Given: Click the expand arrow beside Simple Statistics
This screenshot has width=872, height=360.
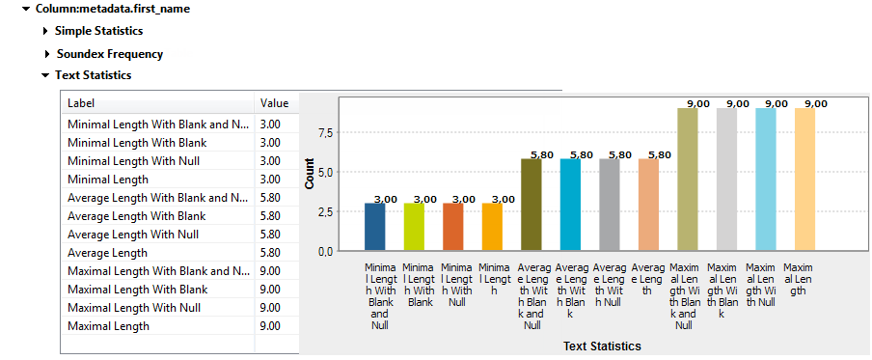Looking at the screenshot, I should tap(45, 32).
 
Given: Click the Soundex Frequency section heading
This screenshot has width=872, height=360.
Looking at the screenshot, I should tap(109, 54).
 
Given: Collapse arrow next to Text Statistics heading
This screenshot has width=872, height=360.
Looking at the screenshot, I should tap(45, 75).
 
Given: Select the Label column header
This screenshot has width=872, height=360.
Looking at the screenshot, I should tap(81, 103).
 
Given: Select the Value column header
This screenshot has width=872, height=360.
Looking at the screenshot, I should tap(274, 103).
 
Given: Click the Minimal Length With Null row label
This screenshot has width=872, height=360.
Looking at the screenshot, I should tap(133, 161).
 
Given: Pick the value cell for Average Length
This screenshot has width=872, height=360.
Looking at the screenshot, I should tap(271, 253).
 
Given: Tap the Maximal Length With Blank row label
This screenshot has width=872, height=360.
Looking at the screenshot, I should tap(137, 290).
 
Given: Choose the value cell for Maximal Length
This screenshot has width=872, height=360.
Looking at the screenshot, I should tap(271, 326).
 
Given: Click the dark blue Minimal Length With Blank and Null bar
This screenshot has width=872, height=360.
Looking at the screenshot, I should tap(374, 227).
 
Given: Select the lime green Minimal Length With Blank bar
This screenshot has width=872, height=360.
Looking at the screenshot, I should tap(414, 227).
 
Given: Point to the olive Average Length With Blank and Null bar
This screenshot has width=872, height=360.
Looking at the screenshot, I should tap(531, 205).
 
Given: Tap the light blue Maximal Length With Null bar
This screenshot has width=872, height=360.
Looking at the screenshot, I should tap(765, 180).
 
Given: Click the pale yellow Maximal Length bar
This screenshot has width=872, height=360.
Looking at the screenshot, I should tap(804, 180).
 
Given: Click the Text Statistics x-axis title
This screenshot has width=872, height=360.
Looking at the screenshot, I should tap(602, 346).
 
